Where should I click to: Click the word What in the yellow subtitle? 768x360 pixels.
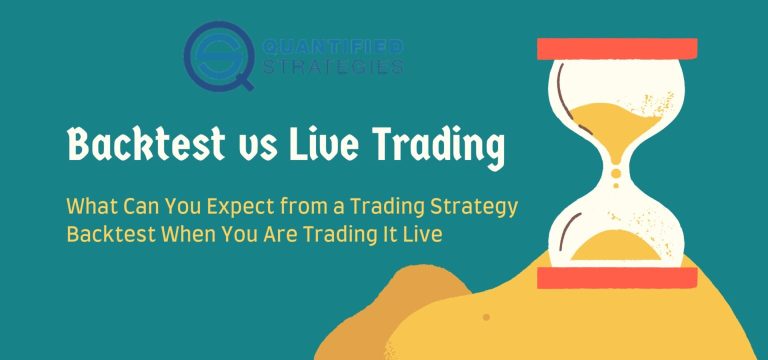93,206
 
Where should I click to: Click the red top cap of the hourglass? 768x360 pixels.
616,49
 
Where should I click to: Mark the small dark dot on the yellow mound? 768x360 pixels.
486,317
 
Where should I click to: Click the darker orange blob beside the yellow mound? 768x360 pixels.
420,300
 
